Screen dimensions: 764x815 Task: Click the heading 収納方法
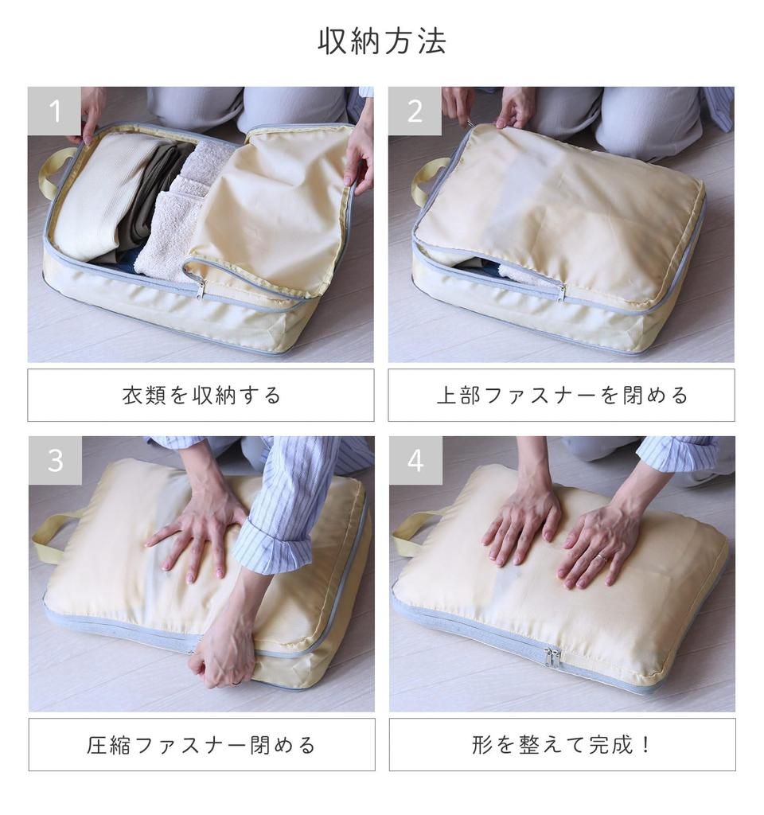point(382,41)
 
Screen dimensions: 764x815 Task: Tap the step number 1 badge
point(54,111)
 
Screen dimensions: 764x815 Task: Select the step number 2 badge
point(415,111)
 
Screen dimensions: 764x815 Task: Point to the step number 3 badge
point(55,461)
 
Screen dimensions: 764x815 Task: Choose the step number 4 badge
point(415,461)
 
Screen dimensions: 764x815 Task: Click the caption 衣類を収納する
point(201,396)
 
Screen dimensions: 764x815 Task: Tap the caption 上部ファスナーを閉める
point(562,396)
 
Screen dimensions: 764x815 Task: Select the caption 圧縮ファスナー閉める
point(201,745)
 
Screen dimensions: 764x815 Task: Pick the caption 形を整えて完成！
point(562,745)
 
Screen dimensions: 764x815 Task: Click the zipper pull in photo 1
point(200,290)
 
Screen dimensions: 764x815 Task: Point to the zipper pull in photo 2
point(562,293)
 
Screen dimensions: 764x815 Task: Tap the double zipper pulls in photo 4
point(552,658)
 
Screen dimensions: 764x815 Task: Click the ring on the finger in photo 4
point(602,558)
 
